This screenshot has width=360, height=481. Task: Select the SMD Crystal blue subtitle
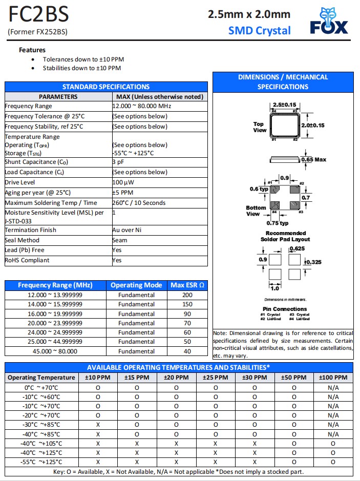[x=259, y=30]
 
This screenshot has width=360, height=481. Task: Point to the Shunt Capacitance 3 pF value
[x=118, y=162]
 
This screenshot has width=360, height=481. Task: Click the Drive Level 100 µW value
[x=123, y=182]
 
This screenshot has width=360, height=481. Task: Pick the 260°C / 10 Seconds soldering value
[x=139, y=203]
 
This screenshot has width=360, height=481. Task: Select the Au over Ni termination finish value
[x=126, y=230]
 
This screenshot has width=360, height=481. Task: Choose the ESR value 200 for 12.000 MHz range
[x=187, y=295]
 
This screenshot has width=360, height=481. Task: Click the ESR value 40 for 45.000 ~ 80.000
[x=187, y=351]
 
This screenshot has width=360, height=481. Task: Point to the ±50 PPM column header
[x=294, y=378]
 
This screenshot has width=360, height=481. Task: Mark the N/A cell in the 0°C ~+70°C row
[x=333, y=388]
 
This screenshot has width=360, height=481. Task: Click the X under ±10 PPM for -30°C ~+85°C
[x=98, y=425]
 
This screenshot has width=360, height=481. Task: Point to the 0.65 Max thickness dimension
[x=314, y=160]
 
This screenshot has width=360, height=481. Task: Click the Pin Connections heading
[x=285, y=309]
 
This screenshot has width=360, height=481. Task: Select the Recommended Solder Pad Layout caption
[x=286, y=236]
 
